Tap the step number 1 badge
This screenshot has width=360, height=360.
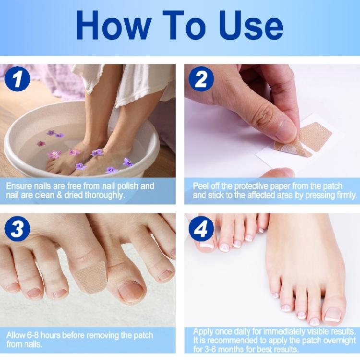pyautogui.click(x=18, y=80)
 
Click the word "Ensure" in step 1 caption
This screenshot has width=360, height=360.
pyautogui.click(x=19, y=185)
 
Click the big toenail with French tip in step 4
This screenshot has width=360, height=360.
pyautogui.click(x=333, y=316)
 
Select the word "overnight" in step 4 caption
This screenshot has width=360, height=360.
pyautogui.click(x=339, y=340)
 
